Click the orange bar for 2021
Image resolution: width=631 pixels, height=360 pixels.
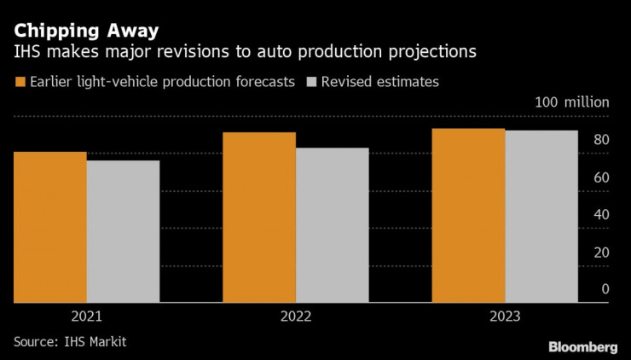(50, 227)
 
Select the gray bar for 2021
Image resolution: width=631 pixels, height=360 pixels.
(123, 231)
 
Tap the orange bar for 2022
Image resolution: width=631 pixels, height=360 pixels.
(259, 218)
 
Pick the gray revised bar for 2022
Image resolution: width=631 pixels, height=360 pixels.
(332, 225)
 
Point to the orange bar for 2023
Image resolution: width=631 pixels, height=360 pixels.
(467, 215)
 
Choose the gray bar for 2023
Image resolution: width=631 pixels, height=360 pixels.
(541, 217)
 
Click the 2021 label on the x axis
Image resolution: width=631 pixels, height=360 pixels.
(87, 316)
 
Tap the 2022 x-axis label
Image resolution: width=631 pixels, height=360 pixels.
(295, 316)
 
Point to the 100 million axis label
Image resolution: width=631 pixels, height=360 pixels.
(572, 102)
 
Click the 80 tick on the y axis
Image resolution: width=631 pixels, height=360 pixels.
(601, 140)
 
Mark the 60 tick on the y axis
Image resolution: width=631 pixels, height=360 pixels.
(601, 177)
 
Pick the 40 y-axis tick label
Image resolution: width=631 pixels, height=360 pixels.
(601, 214)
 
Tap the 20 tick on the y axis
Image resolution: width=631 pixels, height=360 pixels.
(601, 252)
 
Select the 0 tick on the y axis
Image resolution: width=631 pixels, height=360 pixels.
(605, 289)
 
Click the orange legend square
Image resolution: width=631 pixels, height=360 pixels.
(20, 82)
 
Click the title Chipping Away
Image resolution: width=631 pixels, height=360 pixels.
(85, 31)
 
